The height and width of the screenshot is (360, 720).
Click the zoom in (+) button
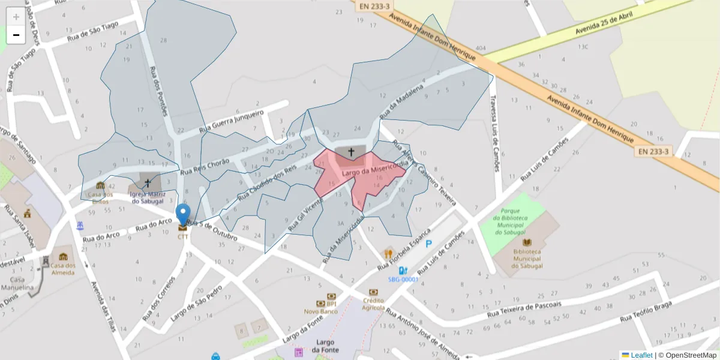click(x=16, y=17)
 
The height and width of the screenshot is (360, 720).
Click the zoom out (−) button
click(x=16, y=35)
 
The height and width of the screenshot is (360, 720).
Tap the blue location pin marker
click(x=183, y=215)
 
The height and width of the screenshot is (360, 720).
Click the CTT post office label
click(x=183, y=236)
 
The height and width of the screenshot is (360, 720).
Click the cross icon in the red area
click(x=352, y=152)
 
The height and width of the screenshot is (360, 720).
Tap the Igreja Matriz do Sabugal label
click(x=147, y=197)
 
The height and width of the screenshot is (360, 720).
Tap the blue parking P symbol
click(x=428, y=244)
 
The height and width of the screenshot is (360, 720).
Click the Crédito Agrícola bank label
click(x=373, y=304)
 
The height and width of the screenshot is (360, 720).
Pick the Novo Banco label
click(x=320, y=311)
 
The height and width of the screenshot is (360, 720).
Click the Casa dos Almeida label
click(x=62, y=269)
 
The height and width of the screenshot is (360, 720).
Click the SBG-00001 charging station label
click(x=403, y=279)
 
